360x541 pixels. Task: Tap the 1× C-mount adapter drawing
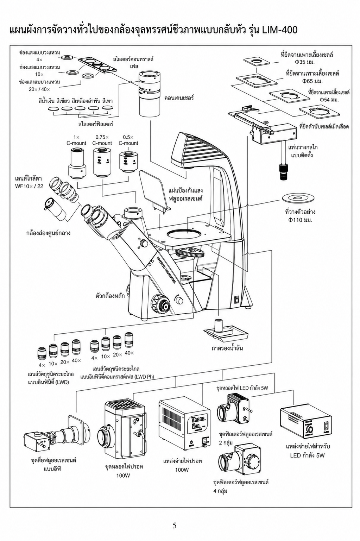77,164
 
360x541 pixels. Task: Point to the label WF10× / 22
29,186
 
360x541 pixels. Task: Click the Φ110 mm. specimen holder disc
298,199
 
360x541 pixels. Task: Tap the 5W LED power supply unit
306,423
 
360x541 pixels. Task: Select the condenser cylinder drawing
149,93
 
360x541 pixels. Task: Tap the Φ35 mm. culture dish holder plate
257,61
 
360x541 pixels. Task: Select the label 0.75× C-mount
102,140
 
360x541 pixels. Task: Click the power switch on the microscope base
237,300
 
